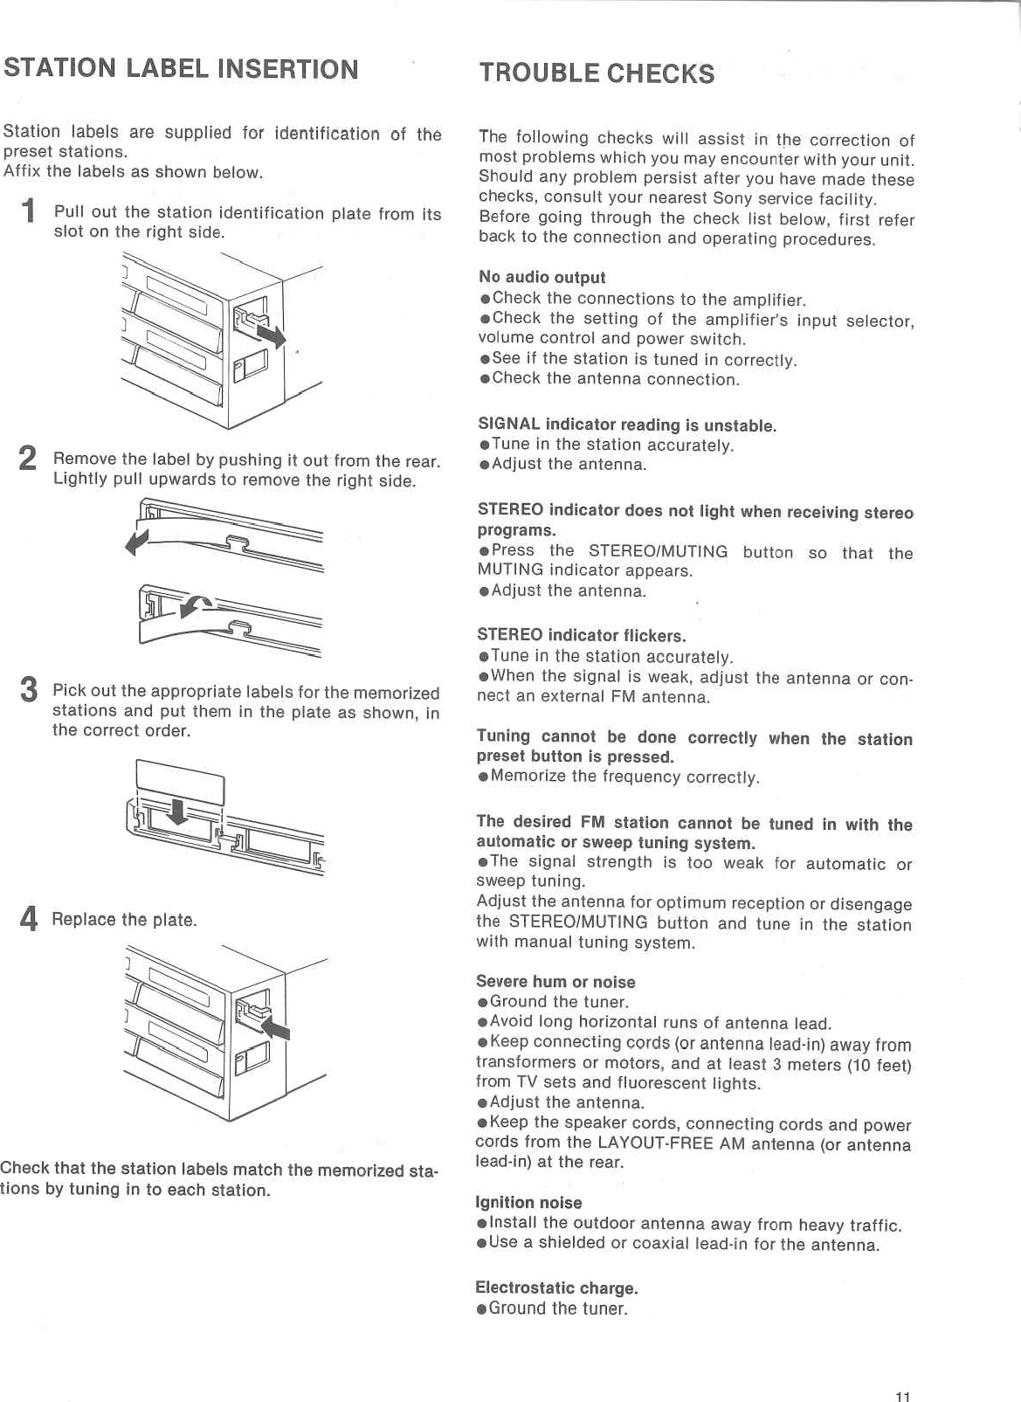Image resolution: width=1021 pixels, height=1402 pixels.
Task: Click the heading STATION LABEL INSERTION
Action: point(181,69)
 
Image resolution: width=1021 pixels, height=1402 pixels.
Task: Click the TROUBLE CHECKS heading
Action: point(597,73)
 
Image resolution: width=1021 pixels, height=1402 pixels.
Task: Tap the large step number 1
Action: point(29,211)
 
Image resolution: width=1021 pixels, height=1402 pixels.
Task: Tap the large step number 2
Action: point(28,459)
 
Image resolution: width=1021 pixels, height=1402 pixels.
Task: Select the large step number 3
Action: point(29,690)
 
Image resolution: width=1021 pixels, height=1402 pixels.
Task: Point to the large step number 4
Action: point(29,919)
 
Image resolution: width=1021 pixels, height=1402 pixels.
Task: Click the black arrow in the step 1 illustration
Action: point(269,333)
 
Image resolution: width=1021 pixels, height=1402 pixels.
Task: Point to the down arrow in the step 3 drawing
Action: point(177,812)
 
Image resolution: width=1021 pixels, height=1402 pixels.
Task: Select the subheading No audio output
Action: point(542,277)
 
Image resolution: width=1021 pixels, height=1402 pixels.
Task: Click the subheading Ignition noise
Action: point(528,1203)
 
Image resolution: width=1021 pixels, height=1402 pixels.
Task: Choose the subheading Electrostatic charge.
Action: point(556,1288)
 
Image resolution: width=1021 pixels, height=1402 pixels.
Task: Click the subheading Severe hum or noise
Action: point(555,982)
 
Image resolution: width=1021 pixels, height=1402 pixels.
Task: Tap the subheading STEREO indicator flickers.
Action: point(581,635)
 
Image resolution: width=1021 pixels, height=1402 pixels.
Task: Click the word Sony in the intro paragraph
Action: point(733,198)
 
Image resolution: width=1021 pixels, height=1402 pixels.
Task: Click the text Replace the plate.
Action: point(124,920)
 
